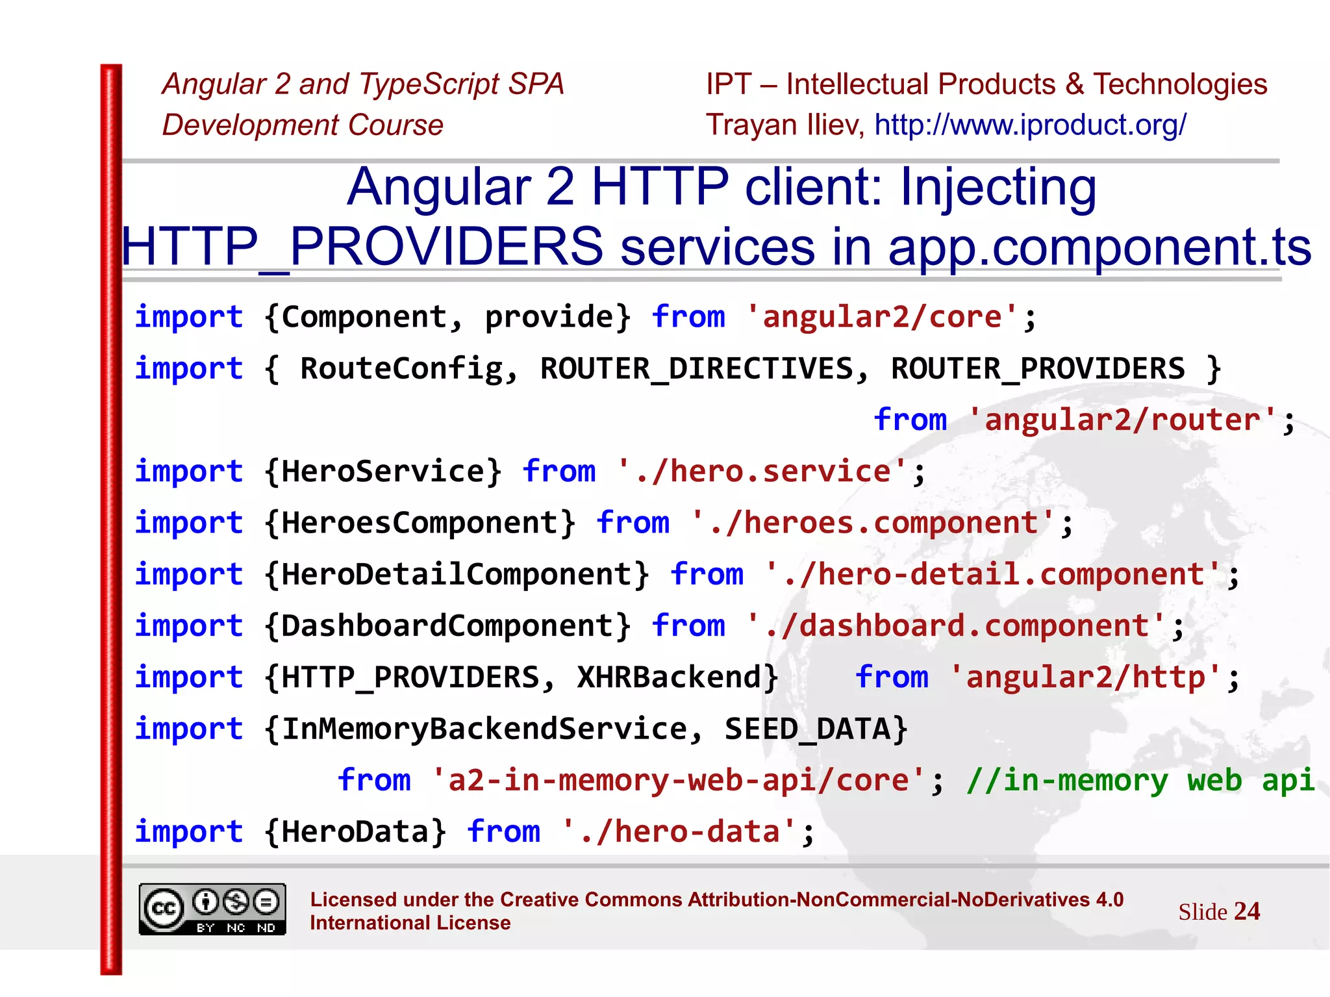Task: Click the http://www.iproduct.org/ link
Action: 1030,125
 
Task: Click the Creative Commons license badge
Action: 212,909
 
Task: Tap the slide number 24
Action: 1246,911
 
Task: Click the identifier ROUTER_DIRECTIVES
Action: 696,369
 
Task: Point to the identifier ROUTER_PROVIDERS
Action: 1037,369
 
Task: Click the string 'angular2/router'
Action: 1122,420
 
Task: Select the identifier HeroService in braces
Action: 383,471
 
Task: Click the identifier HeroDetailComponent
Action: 456,574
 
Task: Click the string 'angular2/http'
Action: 1085,677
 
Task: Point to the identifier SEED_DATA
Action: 807,729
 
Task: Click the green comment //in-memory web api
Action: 1140,780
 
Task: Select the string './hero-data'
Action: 679,832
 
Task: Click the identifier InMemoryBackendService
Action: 484,729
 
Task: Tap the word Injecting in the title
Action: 998,187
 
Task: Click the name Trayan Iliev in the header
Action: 784,125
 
